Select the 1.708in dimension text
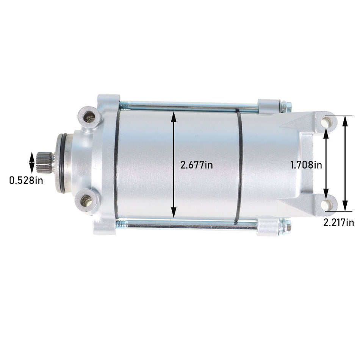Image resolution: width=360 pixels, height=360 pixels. click(306, 165)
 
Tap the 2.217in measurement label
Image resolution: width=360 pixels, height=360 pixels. click(338, 223)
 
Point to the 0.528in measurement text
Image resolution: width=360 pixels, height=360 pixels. click(26, 180)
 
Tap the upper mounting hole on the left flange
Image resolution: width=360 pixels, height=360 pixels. click(90, 119)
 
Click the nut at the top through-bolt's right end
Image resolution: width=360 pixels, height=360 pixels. click(286, 106)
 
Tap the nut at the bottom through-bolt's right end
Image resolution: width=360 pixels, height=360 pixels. click(286, 227)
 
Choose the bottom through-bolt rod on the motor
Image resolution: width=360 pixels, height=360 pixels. click(189, 225)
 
